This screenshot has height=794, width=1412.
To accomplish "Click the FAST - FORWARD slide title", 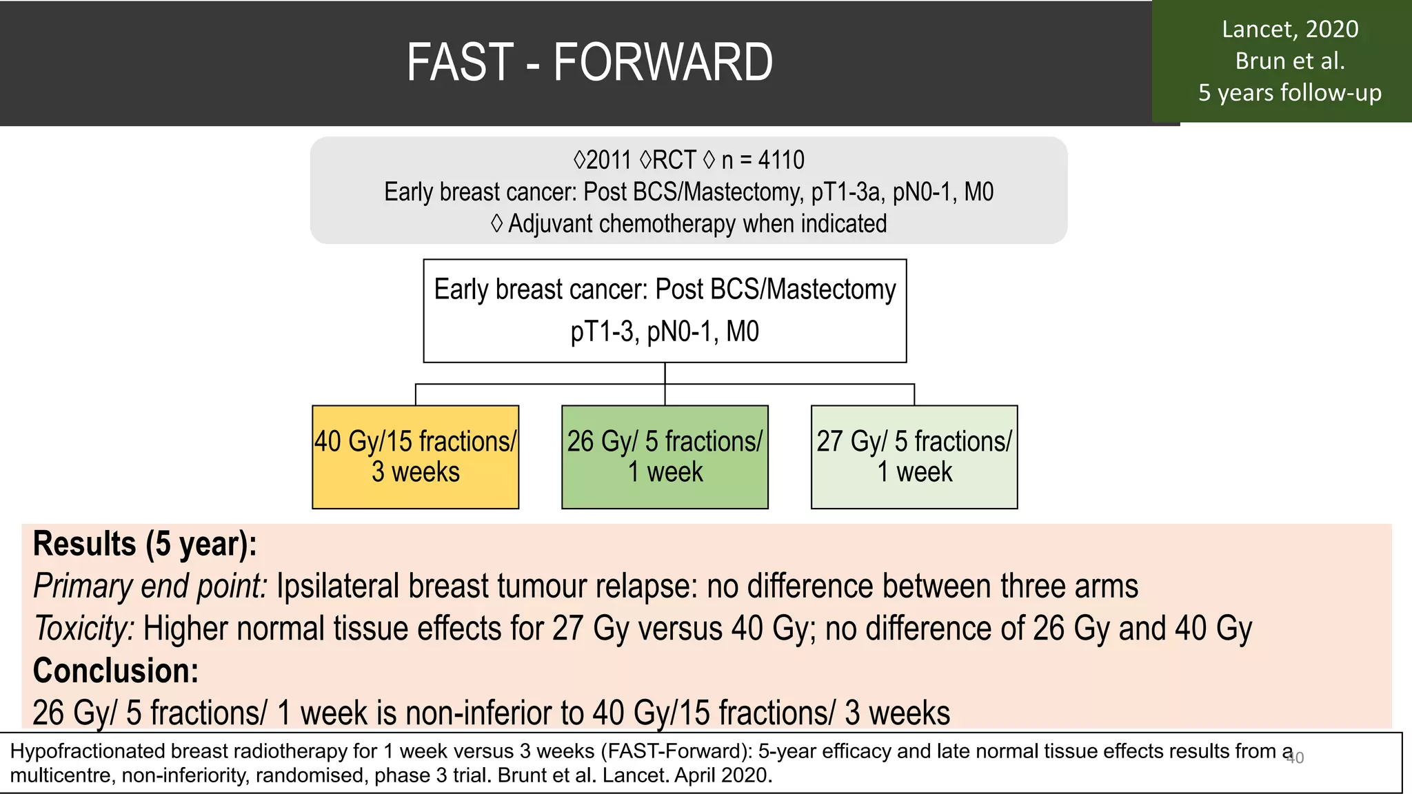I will tap(589, 63).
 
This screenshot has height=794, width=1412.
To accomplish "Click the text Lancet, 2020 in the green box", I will tap(1289, 30).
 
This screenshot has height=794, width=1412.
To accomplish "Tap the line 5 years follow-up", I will tap(1289, 93).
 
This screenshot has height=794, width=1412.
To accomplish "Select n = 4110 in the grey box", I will tap(763, 161).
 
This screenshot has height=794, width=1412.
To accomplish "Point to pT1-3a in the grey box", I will tap(847, 192).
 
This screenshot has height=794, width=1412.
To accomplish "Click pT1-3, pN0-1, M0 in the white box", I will tap(664, 332).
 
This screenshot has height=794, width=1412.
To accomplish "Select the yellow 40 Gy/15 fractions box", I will tap(415, 457).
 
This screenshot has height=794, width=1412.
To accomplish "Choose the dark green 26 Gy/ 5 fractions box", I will tap(665, 457).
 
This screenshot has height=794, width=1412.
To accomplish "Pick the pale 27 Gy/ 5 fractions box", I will tap(914, 457).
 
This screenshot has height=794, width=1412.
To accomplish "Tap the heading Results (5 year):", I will tap(145, 544).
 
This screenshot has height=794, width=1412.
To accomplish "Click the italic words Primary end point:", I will tap(150, 587).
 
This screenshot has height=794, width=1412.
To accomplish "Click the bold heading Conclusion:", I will tap(116, 671).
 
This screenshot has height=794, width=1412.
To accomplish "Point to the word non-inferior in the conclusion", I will tap(492, 713).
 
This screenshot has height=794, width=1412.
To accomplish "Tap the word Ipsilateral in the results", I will tap(338, 587).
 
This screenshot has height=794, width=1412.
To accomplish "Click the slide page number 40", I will tap(1295, 758).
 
